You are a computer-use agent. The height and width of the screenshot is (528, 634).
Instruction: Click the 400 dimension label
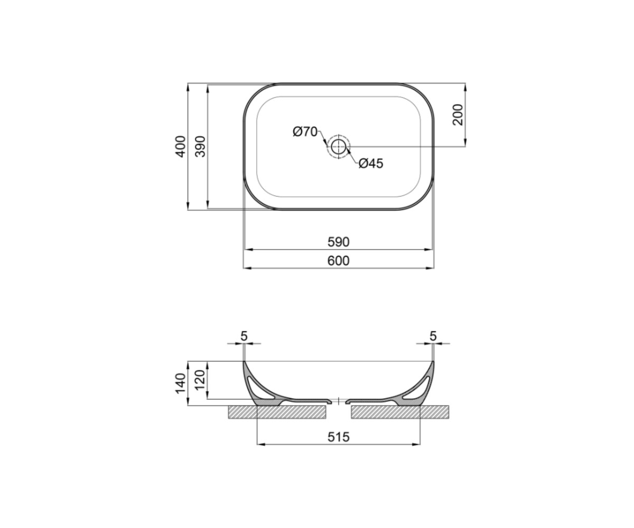point(181,147)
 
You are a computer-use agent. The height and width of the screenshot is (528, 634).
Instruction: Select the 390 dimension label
point(201,147)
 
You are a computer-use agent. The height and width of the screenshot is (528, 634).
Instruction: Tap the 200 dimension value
point(458,115)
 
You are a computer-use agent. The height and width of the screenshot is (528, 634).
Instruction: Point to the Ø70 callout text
point(305,131)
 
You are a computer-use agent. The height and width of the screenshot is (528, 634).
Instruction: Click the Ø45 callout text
point(371,164)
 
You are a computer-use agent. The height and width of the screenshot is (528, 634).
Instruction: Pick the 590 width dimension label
point(339,242)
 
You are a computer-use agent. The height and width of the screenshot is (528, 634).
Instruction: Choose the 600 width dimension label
point(339,261)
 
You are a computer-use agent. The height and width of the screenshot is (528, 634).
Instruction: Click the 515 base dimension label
point(339,437)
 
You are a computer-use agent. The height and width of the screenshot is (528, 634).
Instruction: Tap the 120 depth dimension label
point(200,380)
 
